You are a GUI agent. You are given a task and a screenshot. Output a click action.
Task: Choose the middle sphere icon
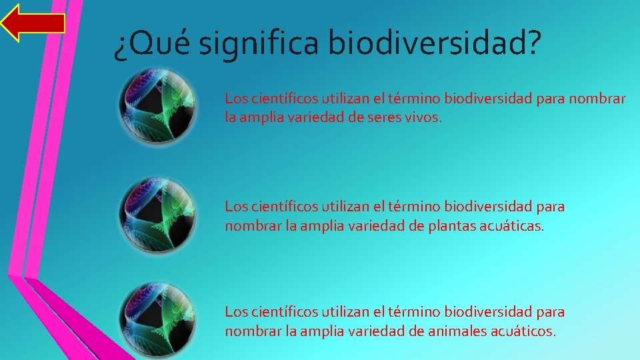[x=157, y=215]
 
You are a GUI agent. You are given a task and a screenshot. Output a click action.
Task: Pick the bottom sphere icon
[x=157, y=319]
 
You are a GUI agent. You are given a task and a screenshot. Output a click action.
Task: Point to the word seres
[x=379, y=118]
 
